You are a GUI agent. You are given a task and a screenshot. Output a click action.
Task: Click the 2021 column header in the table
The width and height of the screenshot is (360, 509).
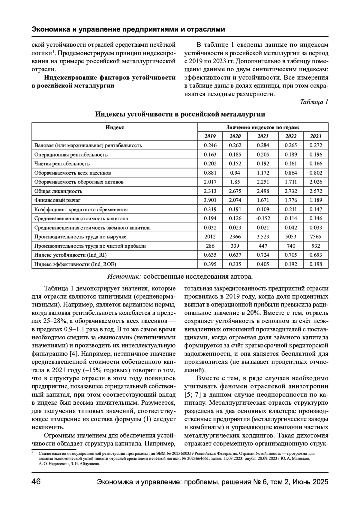pyautogui.click(x=263, y=136)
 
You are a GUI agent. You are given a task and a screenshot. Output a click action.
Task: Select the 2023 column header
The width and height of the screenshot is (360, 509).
pyautogui.click(x=316, y=136)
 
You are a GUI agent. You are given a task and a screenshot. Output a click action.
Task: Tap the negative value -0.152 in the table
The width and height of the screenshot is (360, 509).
pyautogui.click(x=263, y=219)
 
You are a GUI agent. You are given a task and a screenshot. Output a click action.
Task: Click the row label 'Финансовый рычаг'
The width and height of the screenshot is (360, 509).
pyautogui.click(x=58, y=200)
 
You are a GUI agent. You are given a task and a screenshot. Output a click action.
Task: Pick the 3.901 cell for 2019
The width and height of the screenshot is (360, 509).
pyautogui.click(x=210, y=200)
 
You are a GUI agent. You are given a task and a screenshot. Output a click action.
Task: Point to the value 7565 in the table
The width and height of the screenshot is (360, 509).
pyautogui.click(x=316, y=237)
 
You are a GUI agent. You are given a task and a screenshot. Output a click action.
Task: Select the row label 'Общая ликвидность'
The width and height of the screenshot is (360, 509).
pyautogui.click(x=58, y=191)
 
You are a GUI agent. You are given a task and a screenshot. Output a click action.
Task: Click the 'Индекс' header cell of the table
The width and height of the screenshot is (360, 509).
pyautogui.click(x=115, y=127)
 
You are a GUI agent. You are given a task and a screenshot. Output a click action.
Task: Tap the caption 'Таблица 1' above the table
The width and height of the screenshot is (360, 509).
pyautogui.click(x=314, y=102)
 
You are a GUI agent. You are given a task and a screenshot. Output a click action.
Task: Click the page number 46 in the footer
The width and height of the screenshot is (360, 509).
pyautogui.click(x=36, y=482)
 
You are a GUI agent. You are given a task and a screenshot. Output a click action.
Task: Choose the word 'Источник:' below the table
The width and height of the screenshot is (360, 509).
pyautogui.click(x=124, y=276)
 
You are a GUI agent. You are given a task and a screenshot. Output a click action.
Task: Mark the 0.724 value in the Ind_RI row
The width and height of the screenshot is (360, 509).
pyautogui.click(x=263, y=255)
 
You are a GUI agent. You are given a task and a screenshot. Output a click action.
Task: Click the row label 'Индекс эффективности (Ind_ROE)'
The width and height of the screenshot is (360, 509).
pyautogui.click(x=75, y=264)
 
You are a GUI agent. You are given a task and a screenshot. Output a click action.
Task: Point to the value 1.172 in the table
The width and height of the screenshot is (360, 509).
pyautogui.click(x=263, y=173)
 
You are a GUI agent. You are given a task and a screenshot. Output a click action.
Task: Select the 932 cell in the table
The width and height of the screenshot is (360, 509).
pyautogui.click(x=316, y=246)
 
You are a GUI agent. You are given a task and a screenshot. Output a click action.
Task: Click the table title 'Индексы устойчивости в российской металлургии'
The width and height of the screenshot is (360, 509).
pyautogui.click(x=180, y=114)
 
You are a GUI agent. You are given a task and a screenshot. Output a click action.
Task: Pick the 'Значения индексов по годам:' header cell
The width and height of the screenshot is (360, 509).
pyautogui.click(x=263, y=127)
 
